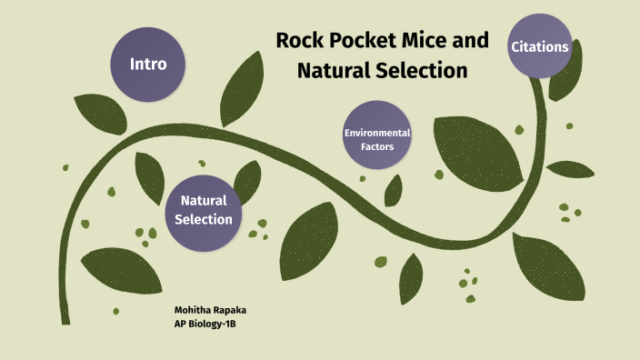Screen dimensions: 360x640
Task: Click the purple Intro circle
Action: [148, 65]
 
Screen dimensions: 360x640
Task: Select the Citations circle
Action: [540, 46]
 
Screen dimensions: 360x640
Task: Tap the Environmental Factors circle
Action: [377, 139]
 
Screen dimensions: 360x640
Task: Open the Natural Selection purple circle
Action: [204, 210]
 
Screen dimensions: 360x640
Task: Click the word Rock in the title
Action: [300, 42]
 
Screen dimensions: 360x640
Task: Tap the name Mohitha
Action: [194, 310]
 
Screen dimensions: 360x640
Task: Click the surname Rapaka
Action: [235, 310]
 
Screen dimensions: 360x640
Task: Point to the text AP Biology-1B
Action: [211, 324]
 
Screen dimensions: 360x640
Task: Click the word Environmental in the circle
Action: [377, 133]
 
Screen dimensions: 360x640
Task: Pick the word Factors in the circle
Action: [377, 146]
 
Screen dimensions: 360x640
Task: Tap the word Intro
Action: [148, 65]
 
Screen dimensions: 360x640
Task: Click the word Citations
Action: [540, 46]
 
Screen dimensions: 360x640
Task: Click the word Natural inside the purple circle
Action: [204, 201]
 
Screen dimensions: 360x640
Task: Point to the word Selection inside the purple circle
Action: [204, 219]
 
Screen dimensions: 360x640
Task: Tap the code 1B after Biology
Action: [241, 324]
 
